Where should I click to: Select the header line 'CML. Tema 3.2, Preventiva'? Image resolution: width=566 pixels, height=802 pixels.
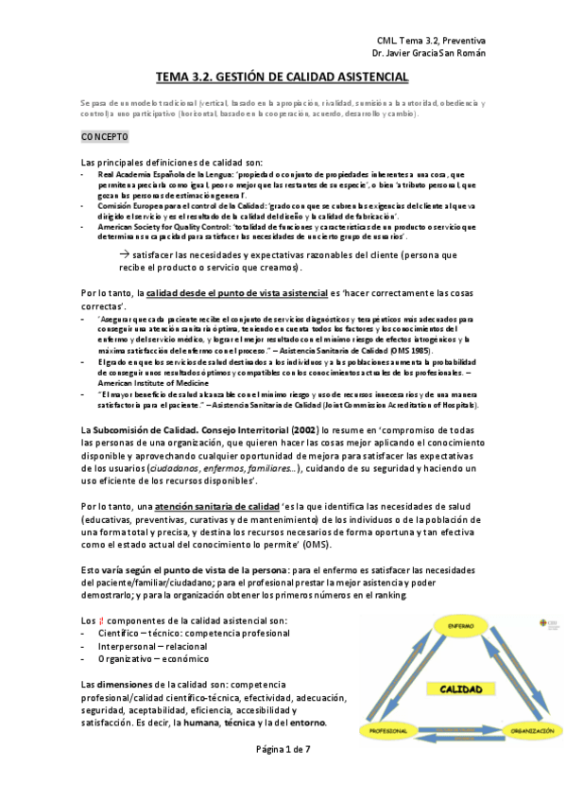(x=431, y=42)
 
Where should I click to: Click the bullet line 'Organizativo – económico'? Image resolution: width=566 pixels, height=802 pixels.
(x=152, y=658)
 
